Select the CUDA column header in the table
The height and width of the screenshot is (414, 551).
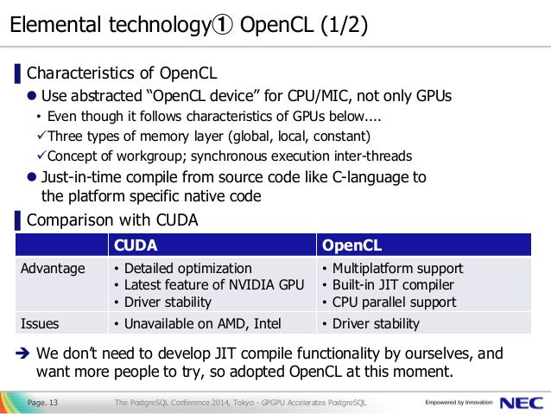(x=137, y=245)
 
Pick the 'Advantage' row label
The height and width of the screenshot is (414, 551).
(x=53, y=268)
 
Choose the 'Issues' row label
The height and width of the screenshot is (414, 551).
(x=41, y=324)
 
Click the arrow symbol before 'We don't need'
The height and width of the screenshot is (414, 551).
(x=23, y=353)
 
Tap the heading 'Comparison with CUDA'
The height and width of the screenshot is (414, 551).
(x=112, y=220)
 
